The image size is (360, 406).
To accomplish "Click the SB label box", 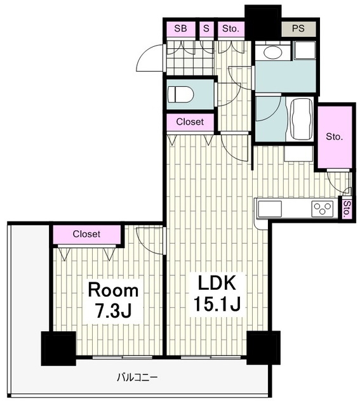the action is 181,29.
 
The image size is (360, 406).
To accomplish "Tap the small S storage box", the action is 206,29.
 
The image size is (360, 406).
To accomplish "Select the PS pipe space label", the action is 298,29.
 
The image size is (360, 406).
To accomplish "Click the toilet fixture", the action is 181,95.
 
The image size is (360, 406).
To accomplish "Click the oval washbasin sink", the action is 272,53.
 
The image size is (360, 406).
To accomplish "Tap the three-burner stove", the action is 323,208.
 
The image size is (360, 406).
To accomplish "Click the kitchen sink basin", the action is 270,209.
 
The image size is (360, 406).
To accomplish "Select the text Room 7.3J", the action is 113,301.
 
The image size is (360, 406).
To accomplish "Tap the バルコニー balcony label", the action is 137,378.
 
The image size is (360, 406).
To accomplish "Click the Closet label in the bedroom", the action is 86,234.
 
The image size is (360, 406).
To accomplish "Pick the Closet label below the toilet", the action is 190,122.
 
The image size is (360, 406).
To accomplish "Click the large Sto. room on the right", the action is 335,137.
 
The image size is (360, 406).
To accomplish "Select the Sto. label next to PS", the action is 230,29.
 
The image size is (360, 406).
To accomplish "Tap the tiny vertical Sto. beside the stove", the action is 347,209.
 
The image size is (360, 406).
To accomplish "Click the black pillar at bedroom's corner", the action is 58,348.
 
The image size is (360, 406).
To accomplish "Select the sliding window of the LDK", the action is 211,358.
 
